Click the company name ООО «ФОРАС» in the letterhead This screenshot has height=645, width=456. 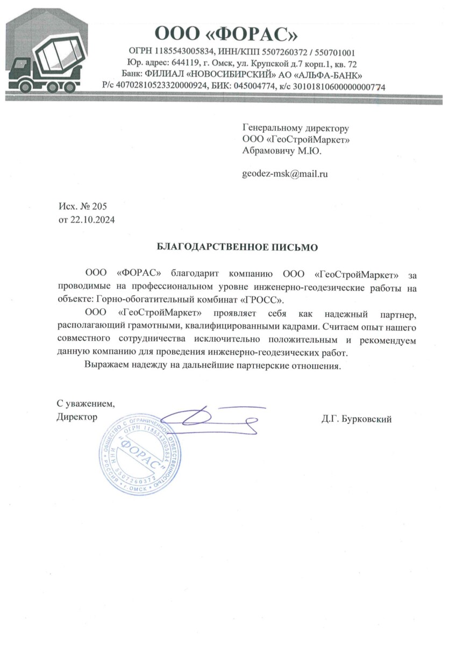click(x=226, y=33)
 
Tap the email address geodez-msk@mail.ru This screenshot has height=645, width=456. click(x=285, y=174)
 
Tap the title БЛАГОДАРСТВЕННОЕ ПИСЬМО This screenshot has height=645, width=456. click(x=237, y=247)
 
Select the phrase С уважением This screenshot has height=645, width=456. click(x=85, y=403)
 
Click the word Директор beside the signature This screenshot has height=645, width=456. click(x=77, y=417)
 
